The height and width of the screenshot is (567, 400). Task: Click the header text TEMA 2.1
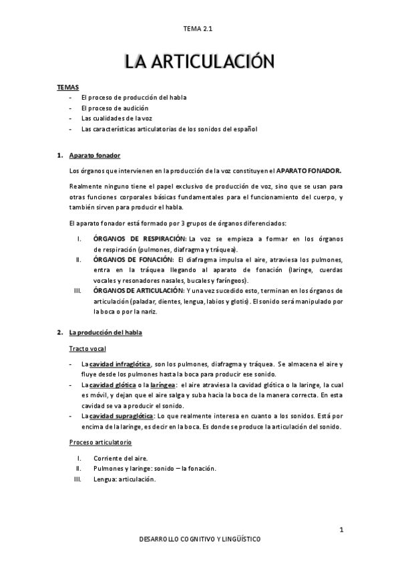coord(200,28)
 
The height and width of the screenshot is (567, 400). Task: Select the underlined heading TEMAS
coord(67,87)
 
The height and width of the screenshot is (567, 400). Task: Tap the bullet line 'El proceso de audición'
coord(114,108)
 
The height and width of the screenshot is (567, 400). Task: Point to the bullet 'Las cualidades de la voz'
coord(117,118)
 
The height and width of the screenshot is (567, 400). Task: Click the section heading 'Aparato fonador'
coord(95,155)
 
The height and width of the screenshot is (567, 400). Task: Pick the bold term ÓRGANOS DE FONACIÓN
coord(134,259)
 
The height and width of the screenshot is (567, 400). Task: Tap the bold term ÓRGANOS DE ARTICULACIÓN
coord(138,291)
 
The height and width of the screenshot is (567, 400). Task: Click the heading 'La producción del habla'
coord(106,332)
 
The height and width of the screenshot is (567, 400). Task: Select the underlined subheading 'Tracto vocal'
coord(87,348)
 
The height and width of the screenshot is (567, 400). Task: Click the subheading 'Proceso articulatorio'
coord(100,442)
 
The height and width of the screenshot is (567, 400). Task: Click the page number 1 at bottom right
coord(341,530)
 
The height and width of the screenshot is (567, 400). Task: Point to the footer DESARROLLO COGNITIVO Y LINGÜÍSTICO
coord(199,539)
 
